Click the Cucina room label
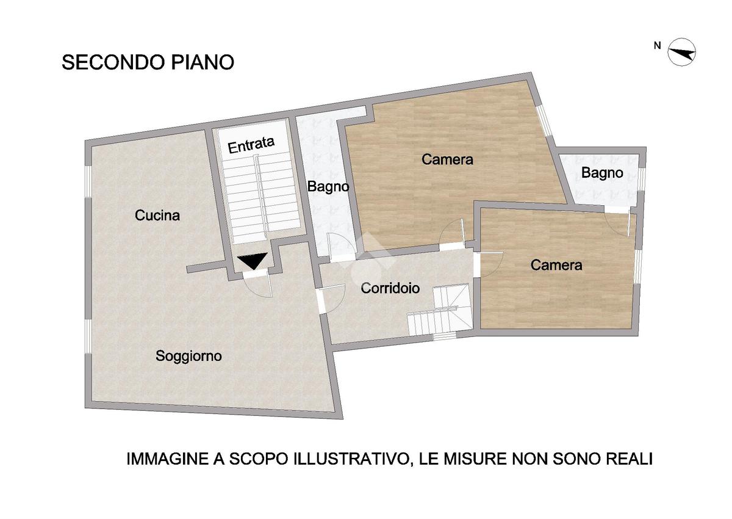point(157,216)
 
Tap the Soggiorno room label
point(188,356)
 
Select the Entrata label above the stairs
point(251,145)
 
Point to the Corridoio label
point(390,288)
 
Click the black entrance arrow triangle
point(253,261)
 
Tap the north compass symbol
point(682,52)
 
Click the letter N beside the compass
point(657,46)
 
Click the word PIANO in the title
point(203,62)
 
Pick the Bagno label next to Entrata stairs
point(328,187)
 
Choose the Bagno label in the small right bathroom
point(602,173)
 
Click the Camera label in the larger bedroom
point(447,159)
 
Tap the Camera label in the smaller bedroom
point(556,265)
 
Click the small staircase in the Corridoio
point(440,310)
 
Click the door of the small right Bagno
point(617,223)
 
